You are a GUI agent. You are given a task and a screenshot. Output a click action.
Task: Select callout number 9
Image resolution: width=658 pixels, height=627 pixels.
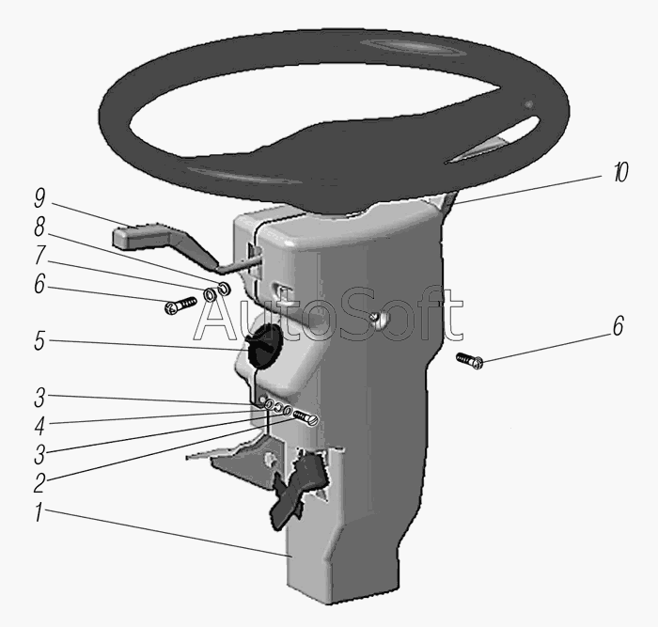[39, 198]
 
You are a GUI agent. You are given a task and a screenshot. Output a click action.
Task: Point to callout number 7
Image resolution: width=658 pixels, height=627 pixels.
[39, 255]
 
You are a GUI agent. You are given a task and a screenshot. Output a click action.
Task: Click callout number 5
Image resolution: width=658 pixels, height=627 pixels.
[39, 340]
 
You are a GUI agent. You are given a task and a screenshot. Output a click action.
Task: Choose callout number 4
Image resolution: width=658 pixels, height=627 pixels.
[39, 426]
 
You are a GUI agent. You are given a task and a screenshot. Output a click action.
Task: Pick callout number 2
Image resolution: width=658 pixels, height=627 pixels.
[39, 483]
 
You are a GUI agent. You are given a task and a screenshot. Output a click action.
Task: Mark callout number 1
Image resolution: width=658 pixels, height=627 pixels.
[39, 512]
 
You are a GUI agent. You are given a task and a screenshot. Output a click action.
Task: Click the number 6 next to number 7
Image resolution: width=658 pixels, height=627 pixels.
[39, 284]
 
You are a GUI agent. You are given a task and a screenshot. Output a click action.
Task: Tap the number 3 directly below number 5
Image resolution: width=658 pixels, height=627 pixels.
[39, 397]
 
